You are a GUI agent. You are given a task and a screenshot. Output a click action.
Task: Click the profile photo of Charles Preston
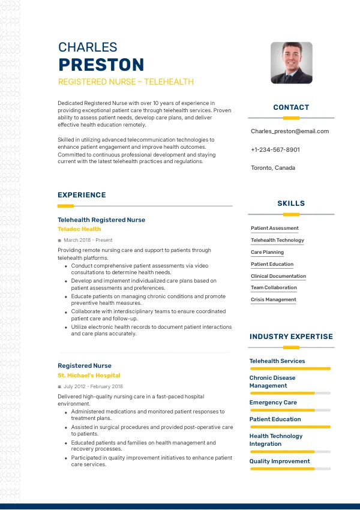pyautogui.click(x=291, y=63)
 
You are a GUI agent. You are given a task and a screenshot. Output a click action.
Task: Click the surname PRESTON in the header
pyautogui.click(x=101, y=65)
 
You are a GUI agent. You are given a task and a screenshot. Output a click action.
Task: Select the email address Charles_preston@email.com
pyautogui.click(x=290, y=131)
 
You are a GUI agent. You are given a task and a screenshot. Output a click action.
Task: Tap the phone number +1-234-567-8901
pyautogui.click(x=275, y=149)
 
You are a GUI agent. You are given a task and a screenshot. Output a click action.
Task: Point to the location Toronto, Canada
pyautogui.click(x=273, y=168)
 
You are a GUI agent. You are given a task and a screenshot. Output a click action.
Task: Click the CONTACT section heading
pyautogui.click(x=291, y=107)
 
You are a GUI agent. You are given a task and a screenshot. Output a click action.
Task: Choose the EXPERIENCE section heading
pyautogui.click(x=82, y=195)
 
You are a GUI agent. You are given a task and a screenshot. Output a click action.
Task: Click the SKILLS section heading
pyautogui.click(x=291, y=203)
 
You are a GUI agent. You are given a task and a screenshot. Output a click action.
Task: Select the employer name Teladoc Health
pyautogui.click(x=79, y=229)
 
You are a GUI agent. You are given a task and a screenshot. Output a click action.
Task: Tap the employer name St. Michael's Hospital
pyautogui.click(x=89, y=376)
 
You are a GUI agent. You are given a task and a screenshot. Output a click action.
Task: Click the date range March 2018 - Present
pyautogui.click(x=88, y=240)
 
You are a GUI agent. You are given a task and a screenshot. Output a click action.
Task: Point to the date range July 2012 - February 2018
pyautogui.click(x=93, y=386)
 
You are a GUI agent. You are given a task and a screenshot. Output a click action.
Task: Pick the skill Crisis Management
pyautogui.click(x=274, y=299)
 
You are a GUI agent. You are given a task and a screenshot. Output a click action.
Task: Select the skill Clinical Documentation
pyautogui.click(x=278, y=276)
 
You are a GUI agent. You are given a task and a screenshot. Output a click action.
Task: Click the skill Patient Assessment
pyautogui.click(x=275, y=228)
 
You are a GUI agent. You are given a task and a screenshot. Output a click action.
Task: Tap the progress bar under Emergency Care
pyautogui.click(x=290, y=410)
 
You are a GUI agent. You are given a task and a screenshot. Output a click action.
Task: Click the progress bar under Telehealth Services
pyautogui.click(x=290, y=368)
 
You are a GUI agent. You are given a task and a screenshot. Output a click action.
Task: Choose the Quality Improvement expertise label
pyautogui.click(x=280, y=461)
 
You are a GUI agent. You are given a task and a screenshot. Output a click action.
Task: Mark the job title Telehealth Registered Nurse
pyautogui.click(x=101, y=220)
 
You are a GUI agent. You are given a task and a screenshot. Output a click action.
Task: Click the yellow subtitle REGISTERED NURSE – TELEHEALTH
pyautogui.click(x=126, y=82)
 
